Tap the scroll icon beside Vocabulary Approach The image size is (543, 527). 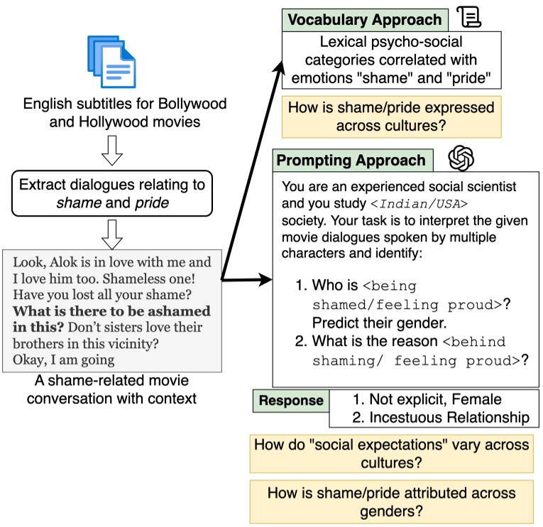(x=468, y=16)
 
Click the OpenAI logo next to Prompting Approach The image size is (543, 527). (x=461, y=158)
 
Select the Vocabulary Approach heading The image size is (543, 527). (x=363, y=20)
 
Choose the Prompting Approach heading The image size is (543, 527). (x=351, y=161)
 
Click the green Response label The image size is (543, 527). (x=290, y=401)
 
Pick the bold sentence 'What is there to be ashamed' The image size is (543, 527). (x=112, y=311)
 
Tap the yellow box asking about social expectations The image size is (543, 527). (x=391, y=454)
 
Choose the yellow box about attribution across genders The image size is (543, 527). (x=391, y=502)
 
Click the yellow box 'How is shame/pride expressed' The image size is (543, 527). (x=391, y=116)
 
